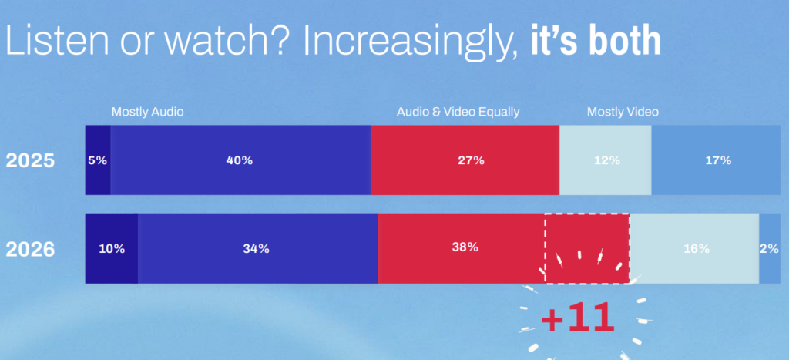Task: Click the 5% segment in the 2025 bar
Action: (x=98, y=160)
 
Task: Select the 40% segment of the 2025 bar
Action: (x=240, y=160)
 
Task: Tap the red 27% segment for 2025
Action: (x=465, y=160)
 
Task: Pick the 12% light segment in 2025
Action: (x=606, y=160)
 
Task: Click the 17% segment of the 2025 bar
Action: (x=720, y=160)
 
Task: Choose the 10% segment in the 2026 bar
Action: (x=112, y=248)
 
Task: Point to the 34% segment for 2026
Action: (x=258, y=248)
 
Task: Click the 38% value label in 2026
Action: (x=465, y=247)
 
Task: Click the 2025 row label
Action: (x=30, y=161)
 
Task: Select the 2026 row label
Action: (x=30, y=249)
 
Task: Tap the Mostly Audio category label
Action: (x=147, y=112)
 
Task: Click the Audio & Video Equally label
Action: (x=458, y=112)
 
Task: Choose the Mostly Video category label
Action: (x=623, y=112)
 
